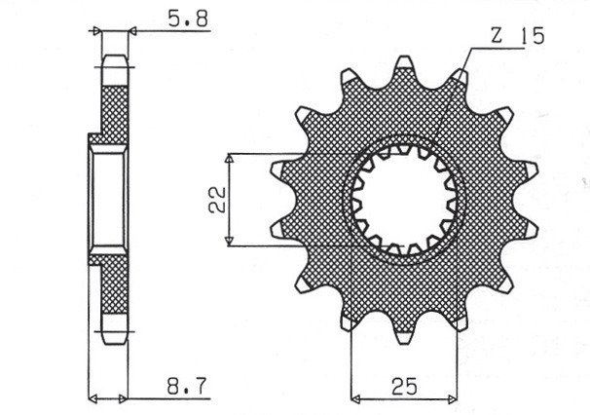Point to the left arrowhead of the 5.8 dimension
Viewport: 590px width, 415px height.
coord(98,30)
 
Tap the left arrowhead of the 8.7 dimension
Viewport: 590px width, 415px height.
coord(93,397)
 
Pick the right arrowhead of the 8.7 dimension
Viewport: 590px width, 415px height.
coord(127,397)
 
